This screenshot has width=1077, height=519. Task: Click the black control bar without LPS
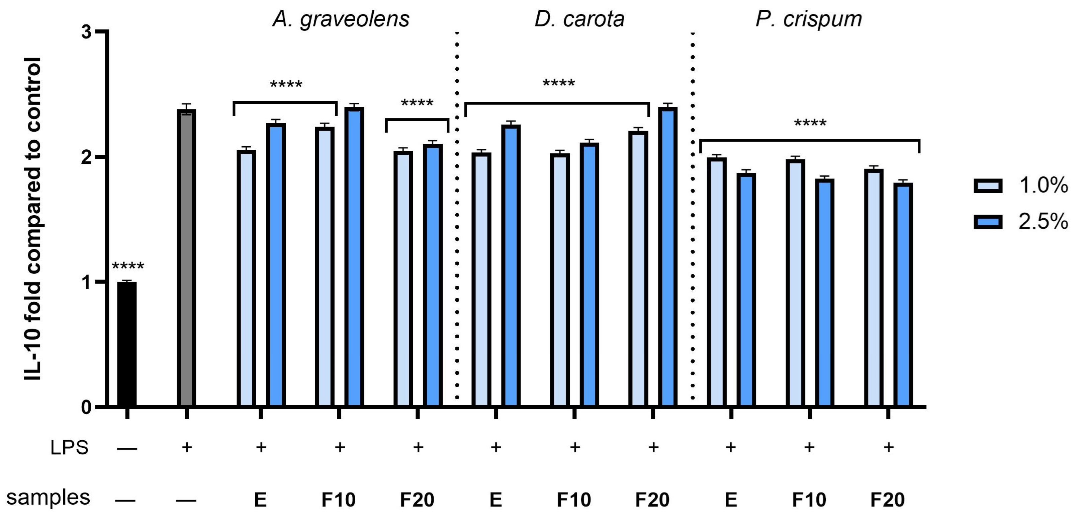pyautogui.click(x=127, y=343)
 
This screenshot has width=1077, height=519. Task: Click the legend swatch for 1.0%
pyautogui.click(x=988, y=186)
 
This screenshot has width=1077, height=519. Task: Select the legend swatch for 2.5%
pyautogui.click(x=988, y=222)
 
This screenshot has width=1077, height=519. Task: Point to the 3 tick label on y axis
pyautogui.click(x=87, y=32)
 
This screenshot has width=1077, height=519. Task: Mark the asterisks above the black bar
pyautogui.click(x=128, y=267)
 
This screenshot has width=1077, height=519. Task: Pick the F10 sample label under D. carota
pyautogui.click(x=573, y=499)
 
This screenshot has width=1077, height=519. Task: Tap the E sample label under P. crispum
pyautogui.click(x=730, y=499)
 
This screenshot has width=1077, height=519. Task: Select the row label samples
pyautogui.click(x=48, y=498)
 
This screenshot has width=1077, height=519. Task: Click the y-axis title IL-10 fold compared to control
pyautogui.click(x=32, y=218)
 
